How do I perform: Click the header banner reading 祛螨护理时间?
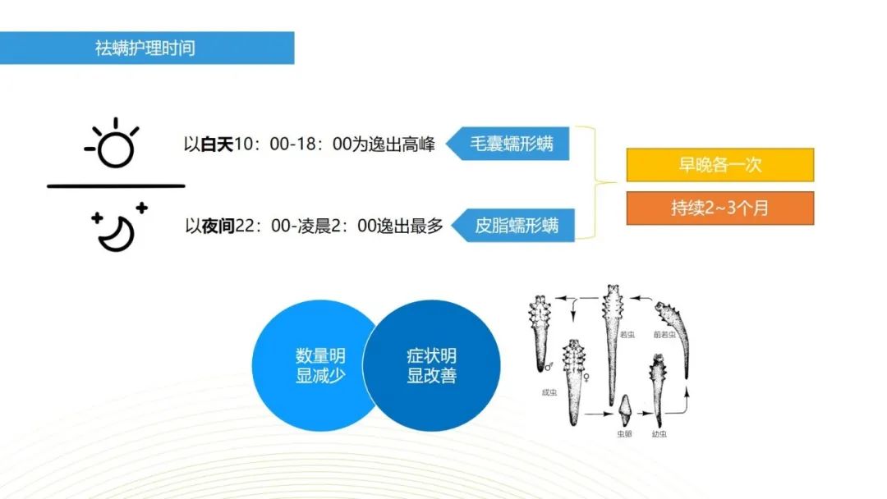(x=146, y=48)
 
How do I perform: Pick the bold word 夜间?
(x=218, y=225)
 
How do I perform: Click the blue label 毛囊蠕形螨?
(x=511, y=144)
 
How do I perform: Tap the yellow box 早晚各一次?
(x=719, y=165)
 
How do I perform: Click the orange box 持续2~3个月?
(x=719, y=208)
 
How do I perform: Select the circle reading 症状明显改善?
(x=432, y=366)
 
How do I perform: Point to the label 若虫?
(x=627, y=335)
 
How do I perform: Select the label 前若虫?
(x=663, y=335)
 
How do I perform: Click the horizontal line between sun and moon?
(x=116, y=186)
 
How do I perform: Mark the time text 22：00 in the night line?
(x=257, y=225)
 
